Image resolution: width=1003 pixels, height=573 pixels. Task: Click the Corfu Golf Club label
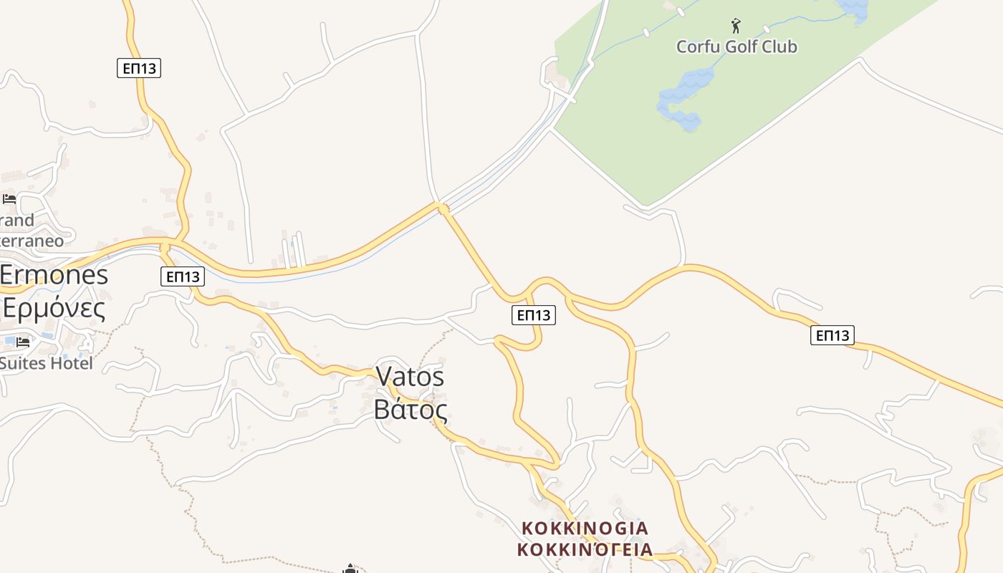click(736, 47)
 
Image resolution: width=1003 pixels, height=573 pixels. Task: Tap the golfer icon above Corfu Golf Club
click(736, 27)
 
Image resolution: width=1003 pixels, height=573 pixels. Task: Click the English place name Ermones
click(54, 275)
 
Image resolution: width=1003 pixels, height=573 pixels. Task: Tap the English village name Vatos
click(410, 377)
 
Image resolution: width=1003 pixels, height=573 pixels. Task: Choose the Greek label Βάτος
click(411, 410)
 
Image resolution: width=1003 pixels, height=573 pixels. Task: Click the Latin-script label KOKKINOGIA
click(585, 529)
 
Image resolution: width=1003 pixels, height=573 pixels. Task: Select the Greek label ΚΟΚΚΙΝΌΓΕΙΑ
click(585, 549)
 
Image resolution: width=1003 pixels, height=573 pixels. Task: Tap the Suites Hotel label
click(46, 364)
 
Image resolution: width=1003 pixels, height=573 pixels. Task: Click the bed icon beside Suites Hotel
click(23, 342)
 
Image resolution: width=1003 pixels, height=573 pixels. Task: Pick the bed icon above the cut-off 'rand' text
click(9, 198)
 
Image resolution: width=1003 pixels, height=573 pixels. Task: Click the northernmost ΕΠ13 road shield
click(139, 68)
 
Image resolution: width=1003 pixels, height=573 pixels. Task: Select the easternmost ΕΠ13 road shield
click(832, 334)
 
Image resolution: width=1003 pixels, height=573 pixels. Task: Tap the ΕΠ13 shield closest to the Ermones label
click(183, 276)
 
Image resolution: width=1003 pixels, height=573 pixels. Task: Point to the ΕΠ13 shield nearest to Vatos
click(534, 314)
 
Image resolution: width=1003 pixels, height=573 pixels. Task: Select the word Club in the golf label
click(779, 47)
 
